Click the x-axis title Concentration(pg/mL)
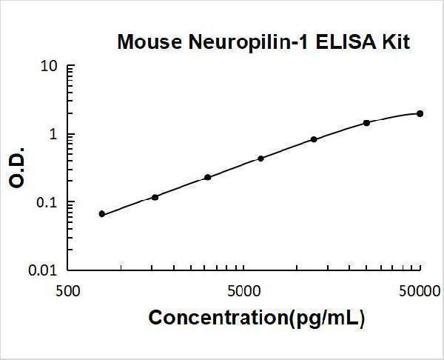tap(257, 319)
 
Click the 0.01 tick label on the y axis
tap(44, 271)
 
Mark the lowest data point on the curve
tap(102, 214)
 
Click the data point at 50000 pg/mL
tap(420, 113)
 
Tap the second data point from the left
tap(155, 197)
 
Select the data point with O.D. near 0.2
tap(208, 177)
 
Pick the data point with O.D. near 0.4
tap(260, 159)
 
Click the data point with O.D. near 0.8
tap(314, 139)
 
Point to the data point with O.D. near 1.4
tap(366, 122)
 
